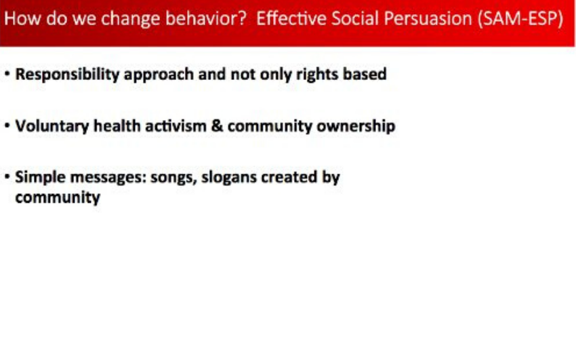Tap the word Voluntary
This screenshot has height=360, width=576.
[x=52, y=127]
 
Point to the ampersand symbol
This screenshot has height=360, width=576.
[x=217, y=126]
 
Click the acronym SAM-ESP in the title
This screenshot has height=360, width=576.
[x=520, y=18]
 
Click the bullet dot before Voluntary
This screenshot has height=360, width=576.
[x=7, y=125]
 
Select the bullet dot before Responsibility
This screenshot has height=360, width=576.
[x=7, y=74]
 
